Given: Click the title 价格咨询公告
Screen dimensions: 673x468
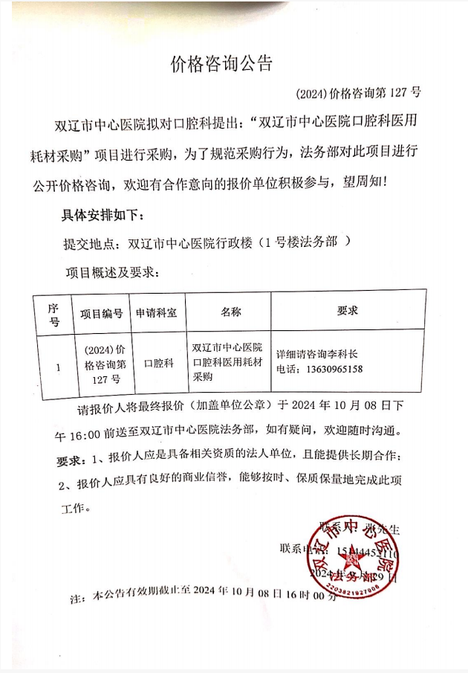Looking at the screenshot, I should pos(221,64).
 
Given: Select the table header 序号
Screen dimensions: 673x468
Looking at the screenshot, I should pos(53,315).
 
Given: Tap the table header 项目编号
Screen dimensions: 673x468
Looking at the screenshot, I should pos(101,314).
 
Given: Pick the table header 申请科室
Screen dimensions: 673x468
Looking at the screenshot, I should pos(156,314).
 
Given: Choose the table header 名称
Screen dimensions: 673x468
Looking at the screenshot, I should pos(230,313).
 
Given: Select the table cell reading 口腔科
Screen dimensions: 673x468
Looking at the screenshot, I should pos(158,364).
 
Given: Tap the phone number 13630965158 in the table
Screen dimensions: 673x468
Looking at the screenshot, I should pos(330,370).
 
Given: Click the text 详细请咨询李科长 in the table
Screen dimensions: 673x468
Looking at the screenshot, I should pos(316,355).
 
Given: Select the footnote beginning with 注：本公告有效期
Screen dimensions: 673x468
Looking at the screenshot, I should pos(198,596).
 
